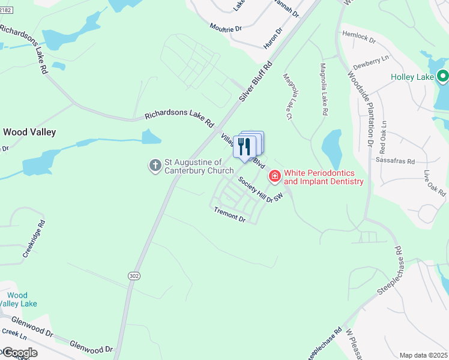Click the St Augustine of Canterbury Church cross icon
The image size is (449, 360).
point(155,164)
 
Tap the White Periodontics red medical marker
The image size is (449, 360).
point(275,176)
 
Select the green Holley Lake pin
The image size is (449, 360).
point(443,76)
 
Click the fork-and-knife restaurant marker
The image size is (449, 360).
point(244,146)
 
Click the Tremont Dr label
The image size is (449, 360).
point(230,215)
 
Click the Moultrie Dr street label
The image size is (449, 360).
point(224,28)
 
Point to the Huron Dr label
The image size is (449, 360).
point(273,39)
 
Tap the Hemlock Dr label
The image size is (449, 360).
point(358,37)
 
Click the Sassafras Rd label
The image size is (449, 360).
point(395,161)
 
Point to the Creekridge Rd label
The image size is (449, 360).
point(34,239)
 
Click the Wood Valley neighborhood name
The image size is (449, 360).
point(29,131)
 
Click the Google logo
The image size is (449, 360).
point(19,352)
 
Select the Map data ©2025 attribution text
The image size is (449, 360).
point(423,355)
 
